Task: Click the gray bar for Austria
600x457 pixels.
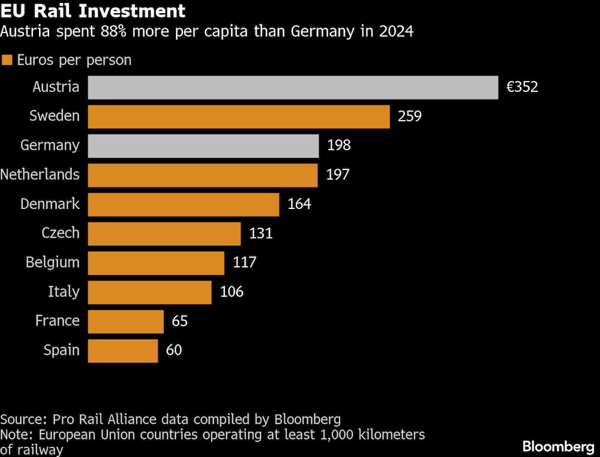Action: [x=293, y=87]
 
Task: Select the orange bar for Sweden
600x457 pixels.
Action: [x=239, y=117]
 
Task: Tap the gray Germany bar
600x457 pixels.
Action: [x=203, y=146]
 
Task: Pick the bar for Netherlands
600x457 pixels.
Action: [x=203, y=175]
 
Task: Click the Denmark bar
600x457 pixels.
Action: [x=184, y=205]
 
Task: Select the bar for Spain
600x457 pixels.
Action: [x=123, y=351]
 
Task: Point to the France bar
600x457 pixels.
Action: [x=126, y=321]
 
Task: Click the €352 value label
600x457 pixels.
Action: [x=522, y=87]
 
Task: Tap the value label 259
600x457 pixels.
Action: [x=410, y=117]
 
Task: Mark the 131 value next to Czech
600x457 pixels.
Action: [x=261, y=234]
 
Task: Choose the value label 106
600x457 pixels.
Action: [x=232, y=292]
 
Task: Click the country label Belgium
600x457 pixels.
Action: [x=53, y=262]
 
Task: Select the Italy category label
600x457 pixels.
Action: [x=64, y=292]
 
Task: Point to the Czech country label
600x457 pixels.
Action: [x=61, y=233]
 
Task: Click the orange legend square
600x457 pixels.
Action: [x=7, y=60]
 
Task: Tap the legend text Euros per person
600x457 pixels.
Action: [x=74, y=60]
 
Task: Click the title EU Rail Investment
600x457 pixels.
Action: [x=93, y=11]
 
